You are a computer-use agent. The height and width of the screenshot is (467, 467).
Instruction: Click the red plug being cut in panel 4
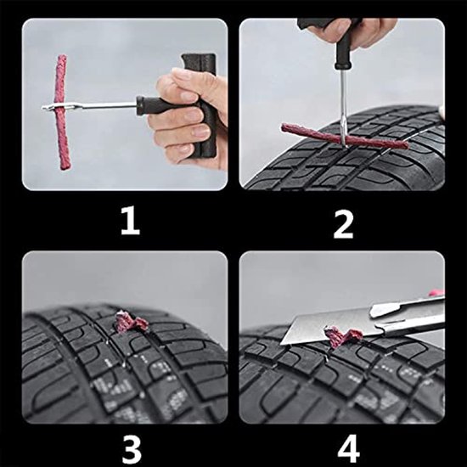click(x=344, y=338)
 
